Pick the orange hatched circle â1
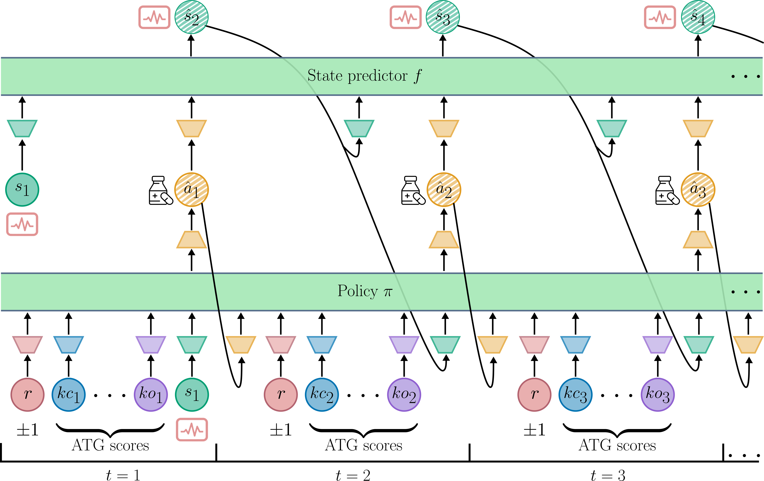191,190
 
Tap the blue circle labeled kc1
69,395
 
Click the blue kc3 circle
575,395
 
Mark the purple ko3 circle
657,395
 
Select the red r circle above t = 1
28,395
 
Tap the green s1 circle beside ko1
192,395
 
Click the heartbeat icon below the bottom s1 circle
192,430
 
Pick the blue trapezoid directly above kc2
322,345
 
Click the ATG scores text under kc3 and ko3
617,445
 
